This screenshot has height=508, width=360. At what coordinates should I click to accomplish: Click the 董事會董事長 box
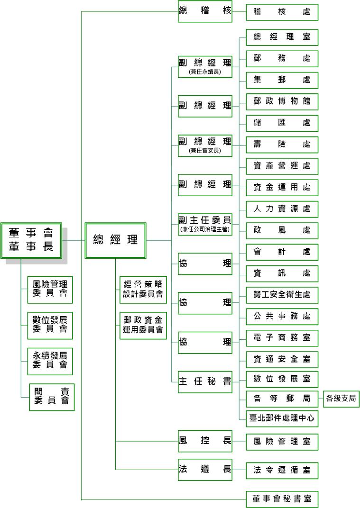pyautogui.click(x=31, y=240)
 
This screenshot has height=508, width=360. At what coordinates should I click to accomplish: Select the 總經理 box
pyautogui.click(x=115, y=240)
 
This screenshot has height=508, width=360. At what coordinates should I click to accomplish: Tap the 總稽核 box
pyautogui.click(x=205, y=11)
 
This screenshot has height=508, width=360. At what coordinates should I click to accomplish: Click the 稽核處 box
pyautogui.click(x=282, y=12)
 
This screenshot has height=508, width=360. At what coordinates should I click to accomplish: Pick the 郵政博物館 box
pyautogui.click(x=282, y=102)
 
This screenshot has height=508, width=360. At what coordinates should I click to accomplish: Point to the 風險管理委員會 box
pyautogui.click(x=50, y=290)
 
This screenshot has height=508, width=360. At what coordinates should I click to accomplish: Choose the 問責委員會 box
pyautogui.click(x=52, y=397)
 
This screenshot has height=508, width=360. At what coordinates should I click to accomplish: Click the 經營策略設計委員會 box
pyautogui.click(x=143, y=290)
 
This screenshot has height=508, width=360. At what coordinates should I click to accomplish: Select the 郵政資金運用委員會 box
pyautogui.click(x=143, y=326)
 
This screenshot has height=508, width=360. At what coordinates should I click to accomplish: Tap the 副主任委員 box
pyautogui.click(x=205, y=224)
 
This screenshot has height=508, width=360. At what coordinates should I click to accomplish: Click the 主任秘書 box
pyautogui.click(x=205, y=382)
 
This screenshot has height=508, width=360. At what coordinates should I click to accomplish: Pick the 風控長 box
pyautogui.click(x=205, y=441)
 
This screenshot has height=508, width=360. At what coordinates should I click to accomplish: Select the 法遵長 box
pyautogui.click(x=205, y=470)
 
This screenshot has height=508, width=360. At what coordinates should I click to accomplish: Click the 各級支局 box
pyautogui.click(x=341, y=399)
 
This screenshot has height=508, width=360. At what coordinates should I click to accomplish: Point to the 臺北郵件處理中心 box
pyautogui.click(x=282, y=418)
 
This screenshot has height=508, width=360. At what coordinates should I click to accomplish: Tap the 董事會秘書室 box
pyautogui.click(x=282, y=499)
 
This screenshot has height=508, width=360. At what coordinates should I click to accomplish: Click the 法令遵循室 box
pyautogui.click(x=282, y=471)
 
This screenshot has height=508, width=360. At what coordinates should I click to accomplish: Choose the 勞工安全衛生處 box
pyautogui.click(x=282, y=295)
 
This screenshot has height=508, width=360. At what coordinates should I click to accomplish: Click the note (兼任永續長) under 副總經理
pyautogui.click(x=205, y=72)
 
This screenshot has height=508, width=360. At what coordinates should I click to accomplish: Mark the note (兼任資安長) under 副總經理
pyautogui.click(x=205, y=151)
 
